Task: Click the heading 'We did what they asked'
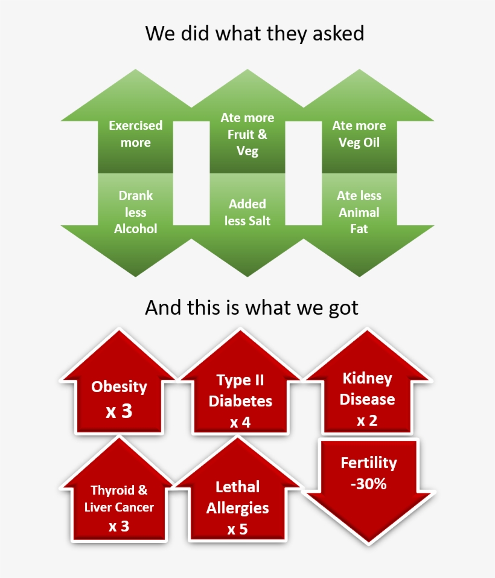(x=254, y=33)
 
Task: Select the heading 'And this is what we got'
(x=252, y=307)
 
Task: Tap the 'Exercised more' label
(x=136, y=134)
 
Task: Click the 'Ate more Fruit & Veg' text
(x=247, y=134)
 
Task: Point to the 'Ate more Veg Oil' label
(x=359, y=134)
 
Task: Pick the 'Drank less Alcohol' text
(x=136, y=212)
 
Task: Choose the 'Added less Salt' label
(x=247, y=213)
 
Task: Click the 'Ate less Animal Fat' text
(x=359, y=212)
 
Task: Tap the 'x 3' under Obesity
(x=119, y=411)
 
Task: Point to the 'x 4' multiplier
(x=240, y=422)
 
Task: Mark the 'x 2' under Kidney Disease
(x=367, y=420)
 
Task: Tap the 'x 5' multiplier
(x=237, y=529)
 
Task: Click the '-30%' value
(x=369, y=484)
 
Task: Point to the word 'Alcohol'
(x=136, y=229)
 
